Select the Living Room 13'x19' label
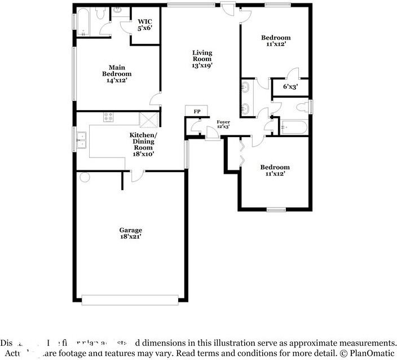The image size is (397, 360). coord(202,59)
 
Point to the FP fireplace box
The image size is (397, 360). coord(197,111)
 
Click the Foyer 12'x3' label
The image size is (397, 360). coord(223,124)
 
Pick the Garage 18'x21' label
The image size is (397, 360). coord(130,233)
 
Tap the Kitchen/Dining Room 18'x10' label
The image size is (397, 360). coord(143,144)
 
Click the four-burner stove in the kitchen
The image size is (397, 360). coord(108,117)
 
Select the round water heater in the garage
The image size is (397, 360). coord(85,178)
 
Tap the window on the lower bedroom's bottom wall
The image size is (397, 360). coord(276,210)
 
